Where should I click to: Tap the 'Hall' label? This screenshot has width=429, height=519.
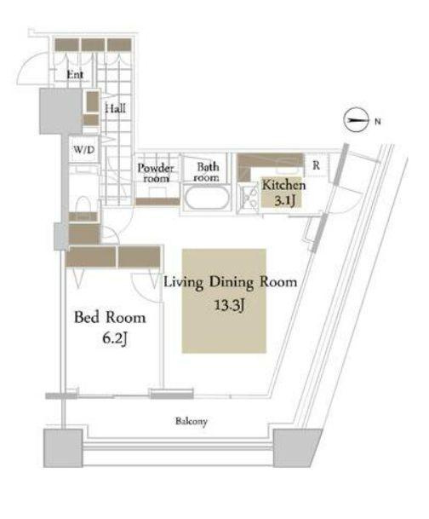tap(114, 109)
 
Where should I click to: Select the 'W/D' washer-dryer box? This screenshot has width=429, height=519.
tap(83, 150)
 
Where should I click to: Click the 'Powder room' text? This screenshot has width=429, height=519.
tap(156, 173)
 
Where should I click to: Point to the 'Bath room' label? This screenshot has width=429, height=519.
tap(207, 172)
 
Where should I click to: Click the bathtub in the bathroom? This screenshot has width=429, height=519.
tap(206, 199)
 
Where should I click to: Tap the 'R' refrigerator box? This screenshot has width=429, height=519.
tap(315, 165)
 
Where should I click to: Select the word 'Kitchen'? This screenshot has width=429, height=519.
tap(283, 186)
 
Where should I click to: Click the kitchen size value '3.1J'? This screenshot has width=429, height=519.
tap(284, 202)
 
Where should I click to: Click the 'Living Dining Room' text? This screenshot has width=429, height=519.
tap(230, 283)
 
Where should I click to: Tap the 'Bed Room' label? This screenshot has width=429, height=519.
tap(110, 318)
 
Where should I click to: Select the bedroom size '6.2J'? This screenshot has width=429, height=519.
tap(110, 338)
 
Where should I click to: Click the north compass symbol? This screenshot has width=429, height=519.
tap(355, 121)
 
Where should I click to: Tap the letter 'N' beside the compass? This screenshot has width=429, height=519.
tap(377, 121)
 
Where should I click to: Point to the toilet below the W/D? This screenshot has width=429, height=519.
tap(83, 206)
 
